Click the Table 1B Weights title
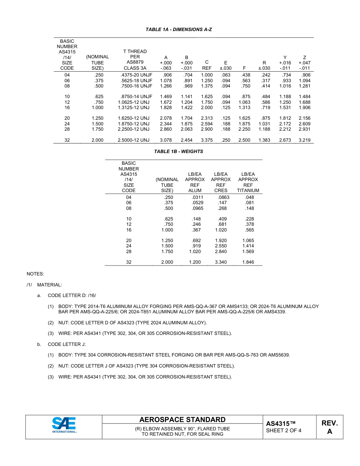pos(178,152)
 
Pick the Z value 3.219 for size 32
pos(304,140)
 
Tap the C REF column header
pos(207,65)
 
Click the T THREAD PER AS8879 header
pos(135,59)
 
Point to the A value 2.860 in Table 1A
pos(166,129)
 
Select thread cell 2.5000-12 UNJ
pos(134,140)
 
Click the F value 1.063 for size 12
pos(244,102)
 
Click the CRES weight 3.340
pos(221,262)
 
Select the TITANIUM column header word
pos(248,191)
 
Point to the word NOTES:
pos(35,274)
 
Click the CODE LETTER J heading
pos(66,344)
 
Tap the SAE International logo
pos(64,425)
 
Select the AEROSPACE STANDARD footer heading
pos(182,419)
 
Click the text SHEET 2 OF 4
pos(283,430)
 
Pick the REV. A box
pos(329,427)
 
